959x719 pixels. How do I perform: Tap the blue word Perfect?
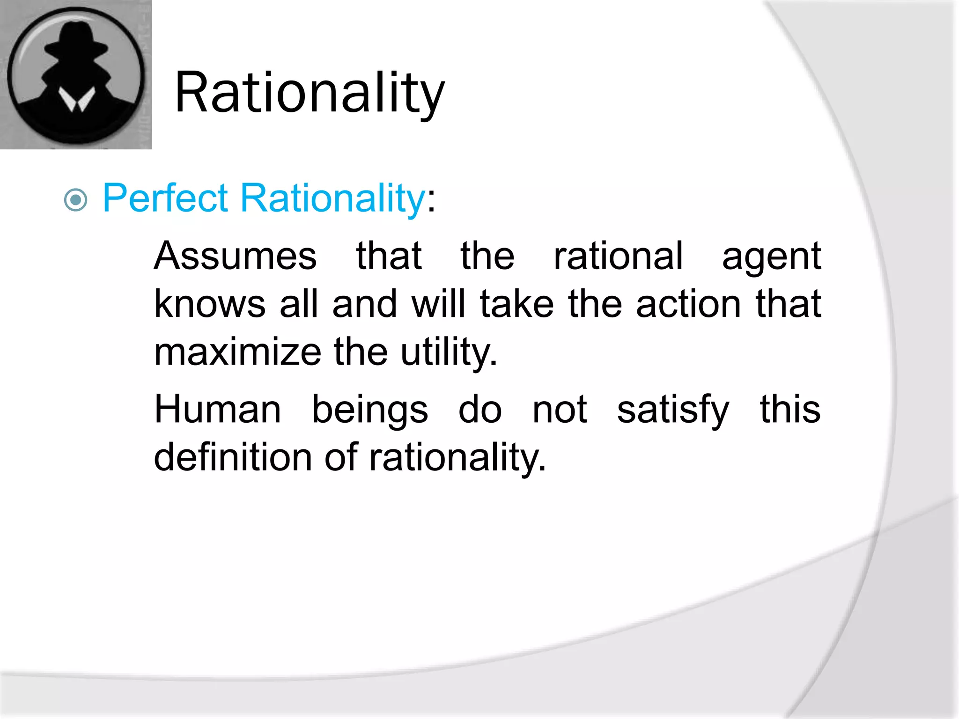coord(165,198)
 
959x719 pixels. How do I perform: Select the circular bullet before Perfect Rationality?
coord(76,200)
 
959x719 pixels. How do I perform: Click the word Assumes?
coord(235,256)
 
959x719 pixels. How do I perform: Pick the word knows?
coord(210,304)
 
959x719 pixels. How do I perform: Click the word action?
coord(688,304)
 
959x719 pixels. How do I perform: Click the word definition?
coord(233,457)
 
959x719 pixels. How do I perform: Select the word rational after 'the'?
coord(618,256)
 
